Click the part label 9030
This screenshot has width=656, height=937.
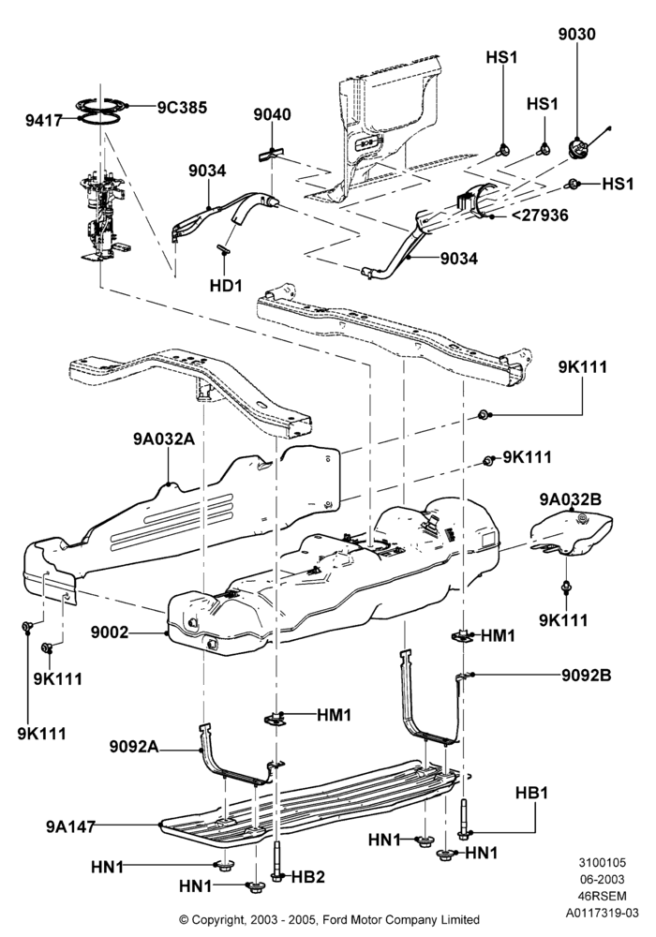(x=576, y=34)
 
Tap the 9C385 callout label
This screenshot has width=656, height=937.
(x=182, y=108)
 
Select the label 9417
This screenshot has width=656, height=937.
(x=44, y=120)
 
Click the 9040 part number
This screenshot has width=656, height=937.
(x=272, y=114)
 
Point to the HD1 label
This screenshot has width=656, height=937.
(x=226, y=286)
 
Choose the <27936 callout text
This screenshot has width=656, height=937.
(x=540, y=215)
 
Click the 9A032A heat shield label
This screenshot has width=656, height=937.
(x=164, y=439)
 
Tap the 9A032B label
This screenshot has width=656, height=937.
(x=571, y=499)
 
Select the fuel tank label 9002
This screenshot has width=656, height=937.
(x=110, y=632)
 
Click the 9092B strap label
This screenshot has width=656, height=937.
(x=586, y=676)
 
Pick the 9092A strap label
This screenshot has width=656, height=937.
(x=134, y=747)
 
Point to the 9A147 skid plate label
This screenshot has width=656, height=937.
(x=70, y=826)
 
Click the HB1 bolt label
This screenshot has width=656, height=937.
(x=531, y=793)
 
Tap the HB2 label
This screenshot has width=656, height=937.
(x=307, y=877)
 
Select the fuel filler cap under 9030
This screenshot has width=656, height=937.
(x=577, y=147)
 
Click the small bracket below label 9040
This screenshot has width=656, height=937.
(x=270, y=154)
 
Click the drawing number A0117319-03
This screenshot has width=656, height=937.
(x=603, y=913)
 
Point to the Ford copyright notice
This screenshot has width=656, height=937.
(x=329, y=919)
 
